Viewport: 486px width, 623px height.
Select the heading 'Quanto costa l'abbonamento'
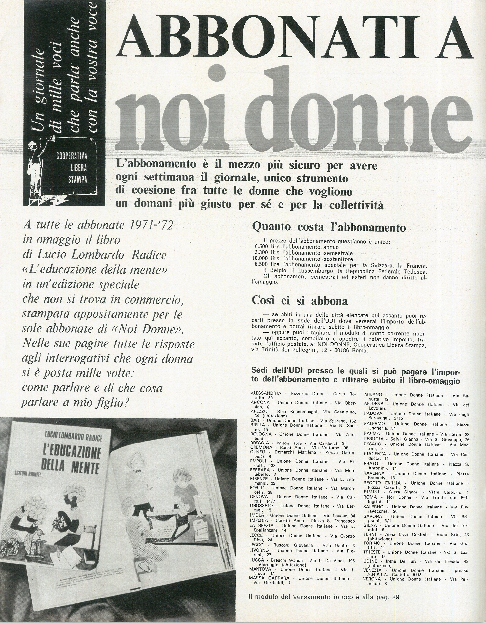click(329, 227)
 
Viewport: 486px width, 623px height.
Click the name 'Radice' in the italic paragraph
click(149, 255)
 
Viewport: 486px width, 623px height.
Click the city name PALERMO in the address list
click(375, 424)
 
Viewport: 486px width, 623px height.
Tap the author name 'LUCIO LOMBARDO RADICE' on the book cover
click(73, 437)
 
